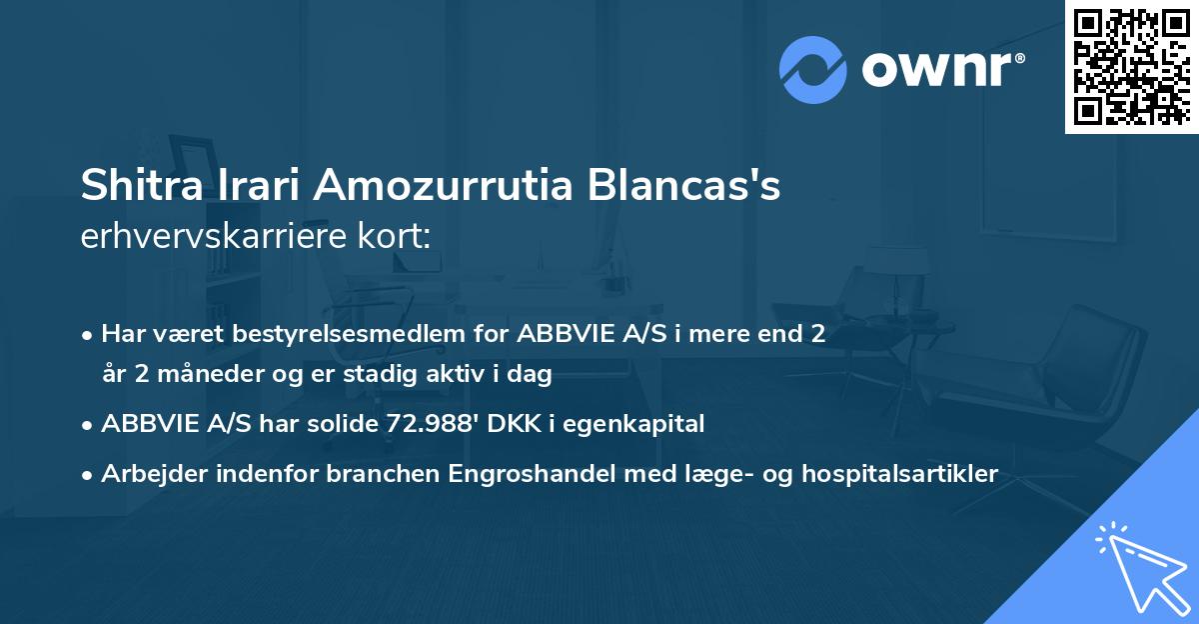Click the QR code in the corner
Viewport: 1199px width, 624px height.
coord(1131,66)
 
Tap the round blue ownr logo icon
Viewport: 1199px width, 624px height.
coord(813,70)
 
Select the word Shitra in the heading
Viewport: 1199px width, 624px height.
coord(141,187)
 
